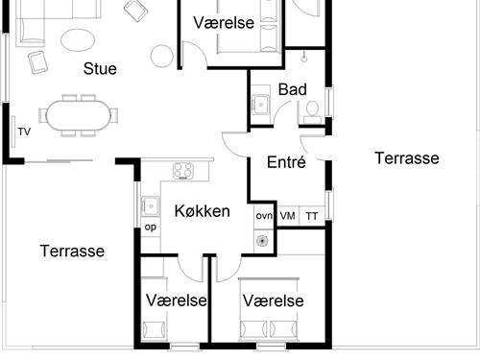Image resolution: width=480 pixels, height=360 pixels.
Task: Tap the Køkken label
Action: [x=202, y=210]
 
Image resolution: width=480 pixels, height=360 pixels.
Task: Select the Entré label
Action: [x=286, y=162]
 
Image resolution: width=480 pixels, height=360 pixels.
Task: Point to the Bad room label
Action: [x=292, y=89]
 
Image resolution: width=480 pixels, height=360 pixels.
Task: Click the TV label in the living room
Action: [x=24, y=132]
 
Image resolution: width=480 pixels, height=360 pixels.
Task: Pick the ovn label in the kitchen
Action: [x=264, y=216]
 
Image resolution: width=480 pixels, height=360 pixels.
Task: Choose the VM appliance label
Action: [x=288, y=216]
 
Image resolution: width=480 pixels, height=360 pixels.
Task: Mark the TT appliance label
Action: [x=311, y=216]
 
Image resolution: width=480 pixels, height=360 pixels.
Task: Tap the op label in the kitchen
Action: [x=150, y=228]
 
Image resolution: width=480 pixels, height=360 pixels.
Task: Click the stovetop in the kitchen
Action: [x=183, y=171]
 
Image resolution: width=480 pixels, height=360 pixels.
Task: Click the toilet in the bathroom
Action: [x=311, y=110]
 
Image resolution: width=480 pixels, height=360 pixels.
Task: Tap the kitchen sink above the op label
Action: [x=150, y=204]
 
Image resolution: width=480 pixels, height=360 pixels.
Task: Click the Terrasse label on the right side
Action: [x=407, y=157]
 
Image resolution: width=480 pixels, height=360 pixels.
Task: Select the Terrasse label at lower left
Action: [x=72, y=251]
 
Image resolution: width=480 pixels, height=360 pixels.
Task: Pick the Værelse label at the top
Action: [x=224, y=22]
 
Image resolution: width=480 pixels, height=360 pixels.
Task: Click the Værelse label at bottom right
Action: [x=274, y=300]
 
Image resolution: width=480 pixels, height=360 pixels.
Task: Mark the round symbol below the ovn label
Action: [x=262, y=240]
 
